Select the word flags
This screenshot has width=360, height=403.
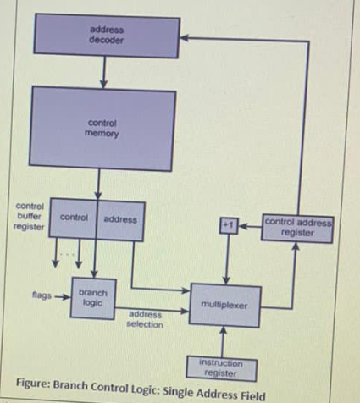[36, 297]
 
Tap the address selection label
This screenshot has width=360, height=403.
[144, 318]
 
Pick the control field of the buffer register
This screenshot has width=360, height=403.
[75, 218]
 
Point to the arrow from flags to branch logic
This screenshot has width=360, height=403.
[61, 297]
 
